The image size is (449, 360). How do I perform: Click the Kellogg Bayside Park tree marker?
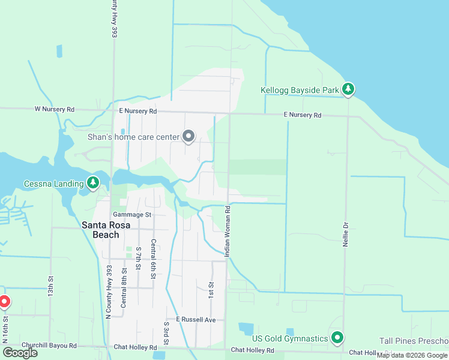[348, 90]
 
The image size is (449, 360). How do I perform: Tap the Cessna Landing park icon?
[92, 182]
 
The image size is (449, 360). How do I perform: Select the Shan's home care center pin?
[189, 137]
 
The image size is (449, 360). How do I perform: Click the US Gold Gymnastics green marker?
[337, 338]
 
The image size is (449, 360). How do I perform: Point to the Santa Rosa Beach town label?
[100, 230]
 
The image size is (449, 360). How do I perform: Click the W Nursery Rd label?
[54, 110]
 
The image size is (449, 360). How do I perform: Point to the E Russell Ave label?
[196, 320]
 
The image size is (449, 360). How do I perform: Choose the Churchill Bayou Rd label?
[49, 346]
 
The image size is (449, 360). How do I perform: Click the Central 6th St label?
[154, 254]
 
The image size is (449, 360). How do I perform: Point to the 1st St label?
[211, 291]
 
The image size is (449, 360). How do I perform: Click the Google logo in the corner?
[20, 352]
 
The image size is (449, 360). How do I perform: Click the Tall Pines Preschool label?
[414, 341]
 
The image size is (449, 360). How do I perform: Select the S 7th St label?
[139, 258]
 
